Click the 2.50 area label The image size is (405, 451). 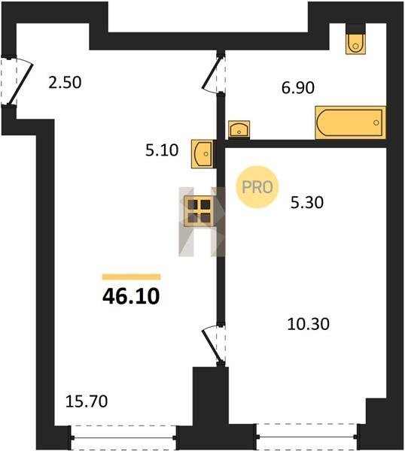(65, 82)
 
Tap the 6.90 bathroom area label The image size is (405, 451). (298, 88)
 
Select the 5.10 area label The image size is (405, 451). (162, 150)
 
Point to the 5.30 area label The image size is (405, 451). (307, 202)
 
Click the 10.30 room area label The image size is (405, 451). (308, 324)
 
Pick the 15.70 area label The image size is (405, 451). (87, 401)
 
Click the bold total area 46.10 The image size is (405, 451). (131, 296)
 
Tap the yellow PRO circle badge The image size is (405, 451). (257, 187)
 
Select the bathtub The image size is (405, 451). (350, 123)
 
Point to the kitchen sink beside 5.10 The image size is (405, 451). (202, 153)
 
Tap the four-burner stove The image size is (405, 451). (199, 211)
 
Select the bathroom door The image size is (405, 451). (214, 74)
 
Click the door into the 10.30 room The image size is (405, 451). (214, 344)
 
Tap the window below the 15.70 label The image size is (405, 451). (123, 437)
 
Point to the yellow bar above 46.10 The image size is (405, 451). (131, 277)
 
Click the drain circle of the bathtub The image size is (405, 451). (376, 123)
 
